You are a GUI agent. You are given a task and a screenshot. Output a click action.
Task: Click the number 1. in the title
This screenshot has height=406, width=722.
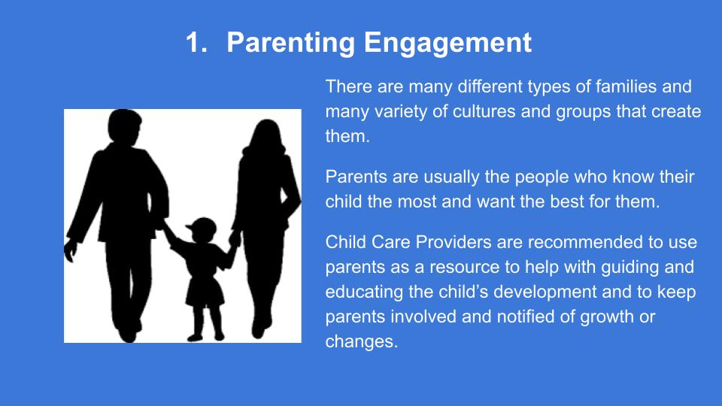point(196,42)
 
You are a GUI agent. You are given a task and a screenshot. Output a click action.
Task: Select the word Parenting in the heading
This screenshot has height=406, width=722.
point(290,44)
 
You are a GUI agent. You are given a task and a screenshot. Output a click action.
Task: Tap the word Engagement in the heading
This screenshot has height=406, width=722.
point(447,44)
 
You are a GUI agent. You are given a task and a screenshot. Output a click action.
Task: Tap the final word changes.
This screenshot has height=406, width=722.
point(362,342)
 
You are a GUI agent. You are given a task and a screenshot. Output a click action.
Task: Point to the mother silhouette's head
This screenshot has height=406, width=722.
point(266,135)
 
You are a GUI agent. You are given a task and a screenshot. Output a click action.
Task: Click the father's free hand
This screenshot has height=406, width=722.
point(71,250)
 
